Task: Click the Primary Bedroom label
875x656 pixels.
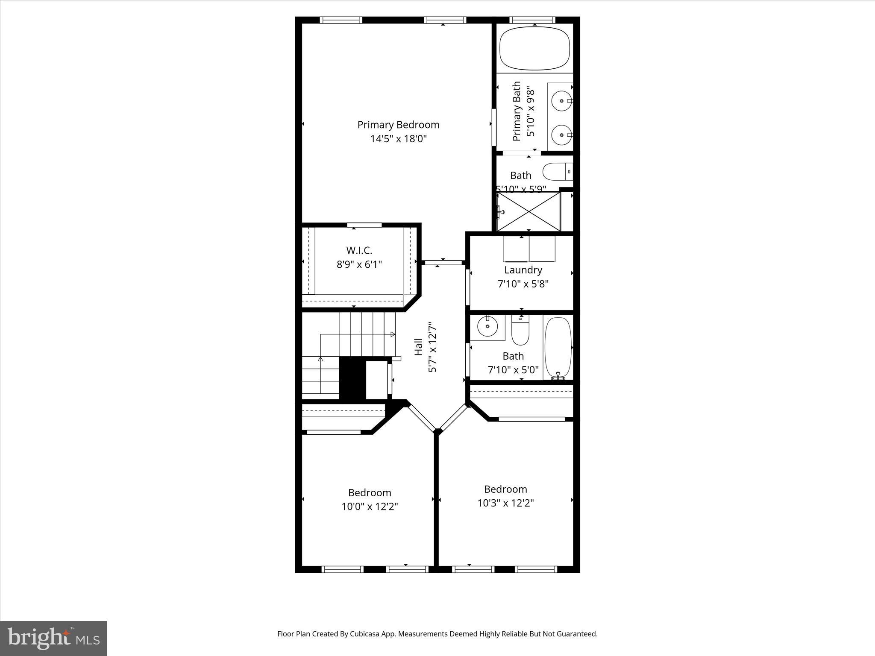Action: pos(398,125)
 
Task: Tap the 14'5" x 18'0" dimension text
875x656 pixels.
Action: pos(398,139)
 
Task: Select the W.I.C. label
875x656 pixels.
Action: pos(359,250)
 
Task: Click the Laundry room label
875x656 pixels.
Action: pos(523,270)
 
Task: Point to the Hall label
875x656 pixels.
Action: pos(419,347)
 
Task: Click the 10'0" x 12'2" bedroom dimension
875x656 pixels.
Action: pos(370,507)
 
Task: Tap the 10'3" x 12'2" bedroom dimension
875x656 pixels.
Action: pos(505,503)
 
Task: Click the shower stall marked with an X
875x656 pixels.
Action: pos(529,211)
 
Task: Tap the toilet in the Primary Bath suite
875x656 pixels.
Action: pos(557,172)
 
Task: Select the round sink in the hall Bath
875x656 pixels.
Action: pos(487,328)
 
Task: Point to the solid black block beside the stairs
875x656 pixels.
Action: pos(352,378)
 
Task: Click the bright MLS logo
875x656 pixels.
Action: pos(53,638)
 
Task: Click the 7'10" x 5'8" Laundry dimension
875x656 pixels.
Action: pos(523,284)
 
